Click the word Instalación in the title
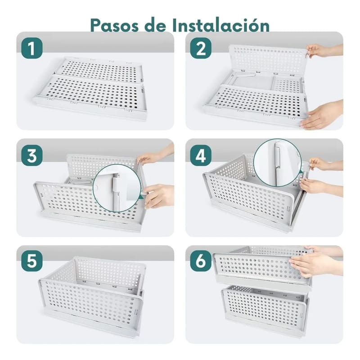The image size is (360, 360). click(223, 25)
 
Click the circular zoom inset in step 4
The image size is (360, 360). click(277, 162)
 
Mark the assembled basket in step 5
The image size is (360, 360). click(92, 295)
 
